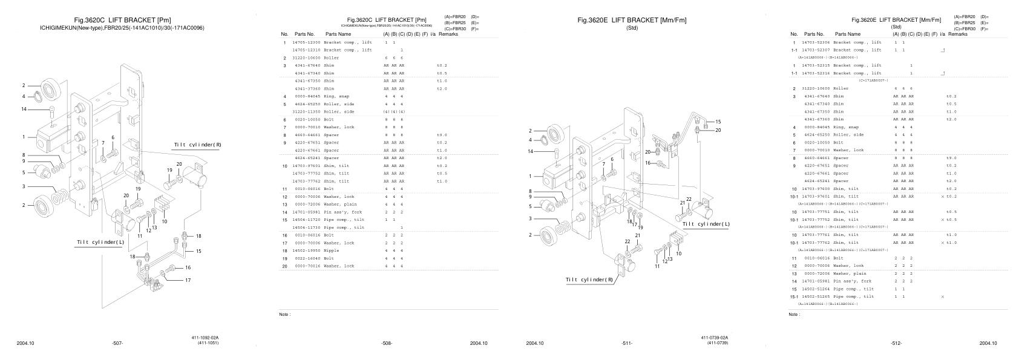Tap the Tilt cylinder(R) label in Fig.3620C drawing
tap(197, 145)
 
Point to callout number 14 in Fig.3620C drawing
tap(24, 109)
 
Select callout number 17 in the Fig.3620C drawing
tap(188, 280)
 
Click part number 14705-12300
tap(306, 42)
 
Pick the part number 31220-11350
tap(306, 111)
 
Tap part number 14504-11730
tap(306, 227)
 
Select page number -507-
tap(117, 344)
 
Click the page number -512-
tap(896, 344)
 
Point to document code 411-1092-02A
tap(205, 338)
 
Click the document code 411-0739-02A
tap(715, 338)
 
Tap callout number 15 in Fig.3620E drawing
tap(718, 122)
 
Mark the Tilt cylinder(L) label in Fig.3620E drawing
tap(706, 224)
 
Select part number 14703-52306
tap(816, 42)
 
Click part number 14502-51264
tap(816, 289)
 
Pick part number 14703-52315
tap(816, 65)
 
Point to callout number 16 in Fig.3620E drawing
tap(647, 163)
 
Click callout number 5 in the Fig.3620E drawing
tap(530, 206)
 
